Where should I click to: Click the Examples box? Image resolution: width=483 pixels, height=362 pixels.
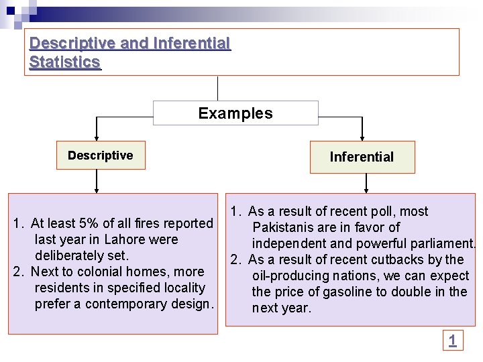click(x=235, y=113)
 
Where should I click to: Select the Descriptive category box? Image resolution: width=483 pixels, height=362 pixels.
click(x=101, y=156)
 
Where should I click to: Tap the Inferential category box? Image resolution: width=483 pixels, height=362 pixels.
click(x=362, y=157)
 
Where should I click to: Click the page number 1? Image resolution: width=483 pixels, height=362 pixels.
click(x=453, y=341)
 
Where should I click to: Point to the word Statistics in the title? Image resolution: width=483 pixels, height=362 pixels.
click(x=65, y=62)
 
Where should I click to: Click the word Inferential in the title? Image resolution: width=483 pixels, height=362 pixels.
click(x=192, y=44)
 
